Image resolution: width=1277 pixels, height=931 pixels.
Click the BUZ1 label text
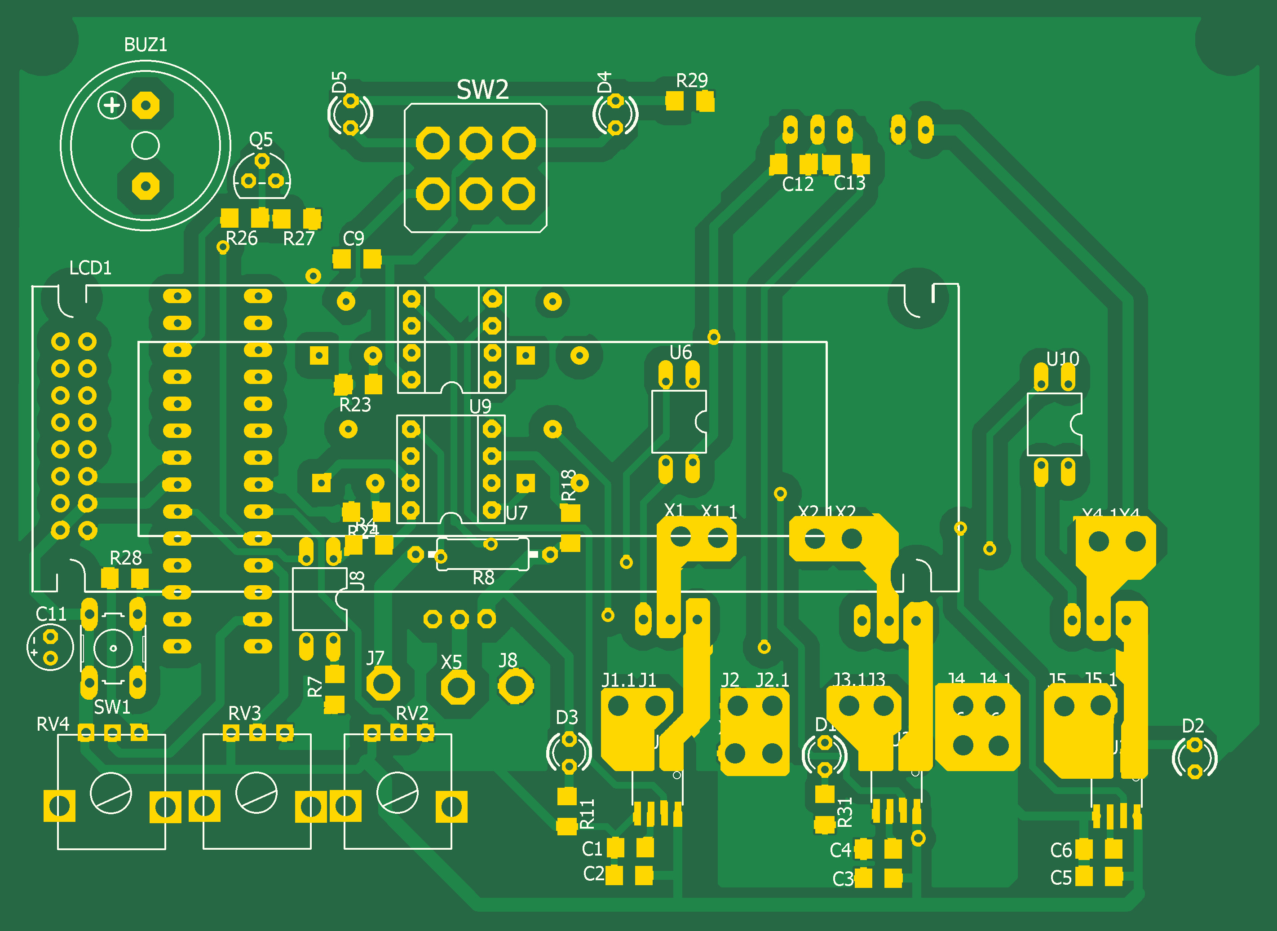(146, 44)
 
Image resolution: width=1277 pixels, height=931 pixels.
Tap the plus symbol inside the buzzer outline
(111, 106)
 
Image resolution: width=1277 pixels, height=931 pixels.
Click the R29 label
(691, 80)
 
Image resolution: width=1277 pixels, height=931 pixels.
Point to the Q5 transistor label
(261, 139)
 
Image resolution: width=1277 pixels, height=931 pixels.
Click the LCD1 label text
(90, 268)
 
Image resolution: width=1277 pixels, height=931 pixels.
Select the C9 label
(353, 239)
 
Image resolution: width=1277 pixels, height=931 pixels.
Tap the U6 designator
(680, 353)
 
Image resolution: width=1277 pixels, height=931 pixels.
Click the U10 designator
(1062, 358)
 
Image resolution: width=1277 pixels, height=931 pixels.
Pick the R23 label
(355, 405)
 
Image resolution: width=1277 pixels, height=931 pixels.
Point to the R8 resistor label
(483, 578)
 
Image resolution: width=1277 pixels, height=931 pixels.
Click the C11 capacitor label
(51, 614)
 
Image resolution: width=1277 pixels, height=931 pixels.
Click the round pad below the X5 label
(457, 688)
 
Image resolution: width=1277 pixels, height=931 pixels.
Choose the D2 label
(1193, 726)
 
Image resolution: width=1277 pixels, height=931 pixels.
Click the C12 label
(797, 184)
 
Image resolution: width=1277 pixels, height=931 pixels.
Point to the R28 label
(125, 558)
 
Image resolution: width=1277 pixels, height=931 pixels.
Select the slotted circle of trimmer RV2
(398, 792)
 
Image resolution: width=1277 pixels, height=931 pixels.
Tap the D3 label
(567, 717)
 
